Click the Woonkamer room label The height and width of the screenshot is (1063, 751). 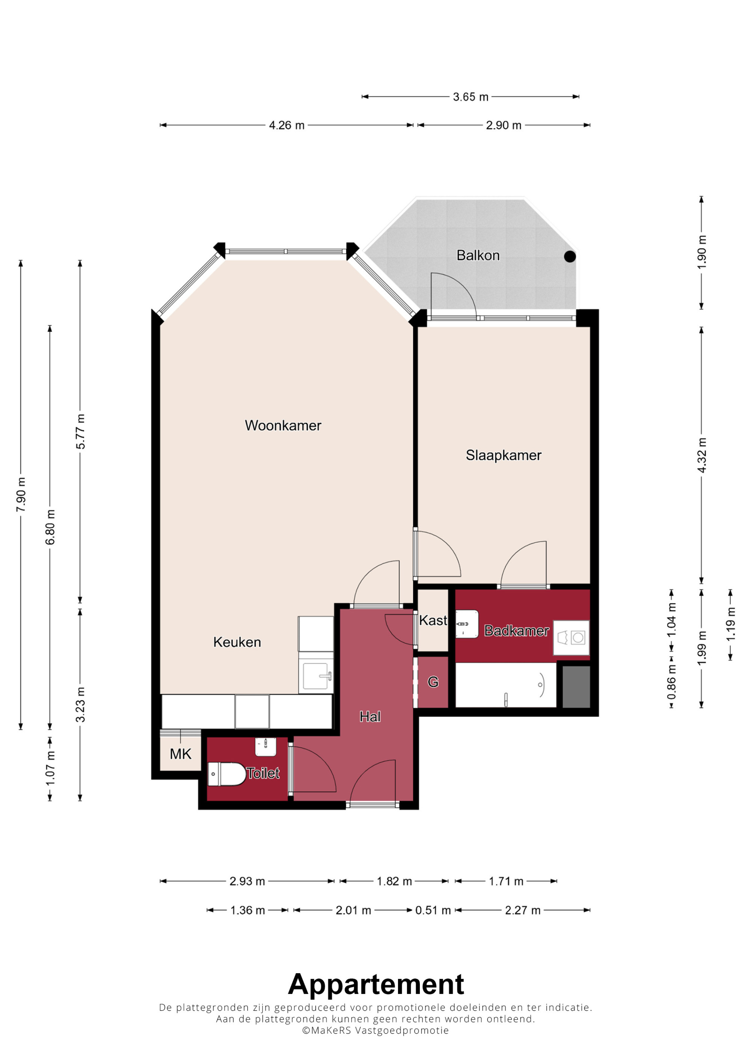[283, 426]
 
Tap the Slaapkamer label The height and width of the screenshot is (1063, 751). [504, 455]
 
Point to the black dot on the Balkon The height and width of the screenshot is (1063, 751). [570, 257]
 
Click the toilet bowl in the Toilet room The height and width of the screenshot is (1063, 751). [227, 774]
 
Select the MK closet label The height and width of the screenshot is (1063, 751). [181, 754]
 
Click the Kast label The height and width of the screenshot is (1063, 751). [433, 621]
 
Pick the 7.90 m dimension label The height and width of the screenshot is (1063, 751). [21, 494]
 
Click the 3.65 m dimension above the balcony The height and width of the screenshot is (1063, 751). [471, 97]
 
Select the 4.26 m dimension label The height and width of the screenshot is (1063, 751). [287, 125]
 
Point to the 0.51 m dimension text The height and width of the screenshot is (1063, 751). [433, 910]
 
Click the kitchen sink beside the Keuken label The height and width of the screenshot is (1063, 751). [316, 676]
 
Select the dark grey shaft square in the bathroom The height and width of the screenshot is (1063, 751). [576, 687]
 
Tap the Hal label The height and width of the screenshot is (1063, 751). [370, 717]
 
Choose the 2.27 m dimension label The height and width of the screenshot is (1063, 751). [523, 910]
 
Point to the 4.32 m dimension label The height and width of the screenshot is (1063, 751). [701, 455]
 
